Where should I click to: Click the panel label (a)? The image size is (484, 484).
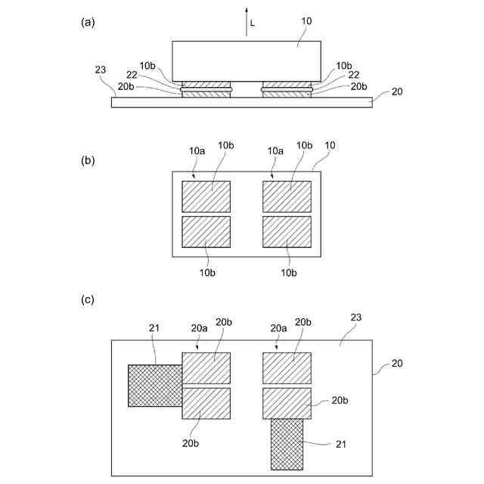point(88,22)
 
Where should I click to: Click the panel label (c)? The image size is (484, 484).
point(88,299)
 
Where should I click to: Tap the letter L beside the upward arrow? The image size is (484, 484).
point(253,23)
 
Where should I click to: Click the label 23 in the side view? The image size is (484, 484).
point(101,70)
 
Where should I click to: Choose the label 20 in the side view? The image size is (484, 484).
point(398,92)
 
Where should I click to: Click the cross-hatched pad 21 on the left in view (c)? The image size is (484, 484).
point(155,386)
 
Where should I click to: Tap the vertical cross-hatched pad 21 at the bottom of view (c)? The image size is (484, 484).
point(287,443)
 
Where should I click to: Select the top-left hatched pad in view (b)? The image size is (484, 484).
point(206,197)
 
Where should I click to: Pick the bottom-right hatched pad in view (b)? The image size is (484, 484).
point(287,232)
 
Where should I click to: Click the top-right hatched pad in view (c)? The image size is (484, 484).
point(287,368)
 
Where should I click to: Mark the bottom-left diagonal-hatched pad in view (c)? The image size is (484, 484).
point(206,403)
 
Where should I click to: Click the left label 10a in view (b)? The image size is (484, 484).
point(197,151)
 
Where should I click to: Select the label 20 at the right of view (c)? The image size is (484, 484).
point(398,364)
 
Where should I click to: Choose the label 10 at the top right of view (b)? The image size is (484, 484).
point(329,144)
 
